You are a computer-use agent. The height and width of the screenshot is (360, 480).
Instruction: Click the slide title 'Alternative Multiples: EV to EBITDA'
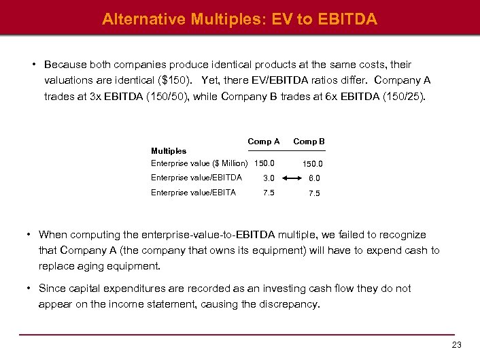(x=239, y=19)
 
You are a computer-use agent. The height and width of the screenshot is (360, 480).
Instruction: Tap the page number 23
(x=456, y=346)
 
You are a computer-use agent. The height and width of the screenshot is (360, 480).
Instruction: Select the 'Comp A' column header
(x=264, y=142)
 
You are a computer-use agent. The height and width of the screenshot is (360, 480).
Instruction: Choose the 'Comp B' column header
(x=309, y=142)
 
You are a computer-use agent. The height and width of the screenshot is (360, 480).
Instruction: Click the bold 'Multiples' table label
(x=169, y=151)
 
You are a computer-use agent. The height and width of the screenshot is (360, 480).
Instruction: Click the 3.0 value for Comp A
(x=269, y=178)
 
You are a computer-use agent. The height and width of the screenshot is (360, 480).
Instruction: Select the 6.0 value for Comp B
(x=313, y=179)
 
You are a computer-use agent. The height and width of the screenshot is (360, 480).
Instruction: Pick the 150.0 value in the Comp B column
(x=313, y=164)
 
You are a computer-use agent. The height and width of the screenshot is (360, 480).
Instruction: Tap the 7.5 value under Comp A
(x=269, y=193)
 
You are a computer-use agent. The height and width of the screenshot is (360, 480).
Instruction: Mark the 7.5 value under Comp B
(x=313, y=193)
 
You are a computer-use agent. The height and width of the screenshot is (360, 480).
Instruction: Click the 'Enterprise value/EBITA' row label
(x=194, y=193)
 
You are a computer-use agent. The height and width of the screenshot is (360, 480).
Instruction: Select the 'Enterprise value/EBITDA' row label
(x=196, y=178)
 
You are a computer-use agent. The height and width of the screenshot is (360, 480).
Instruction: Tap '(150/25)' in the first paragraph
(x=407, y=96)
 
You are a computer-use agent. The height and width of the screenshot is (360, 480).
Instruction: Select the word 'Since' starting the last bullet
(x=52, y=289)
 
